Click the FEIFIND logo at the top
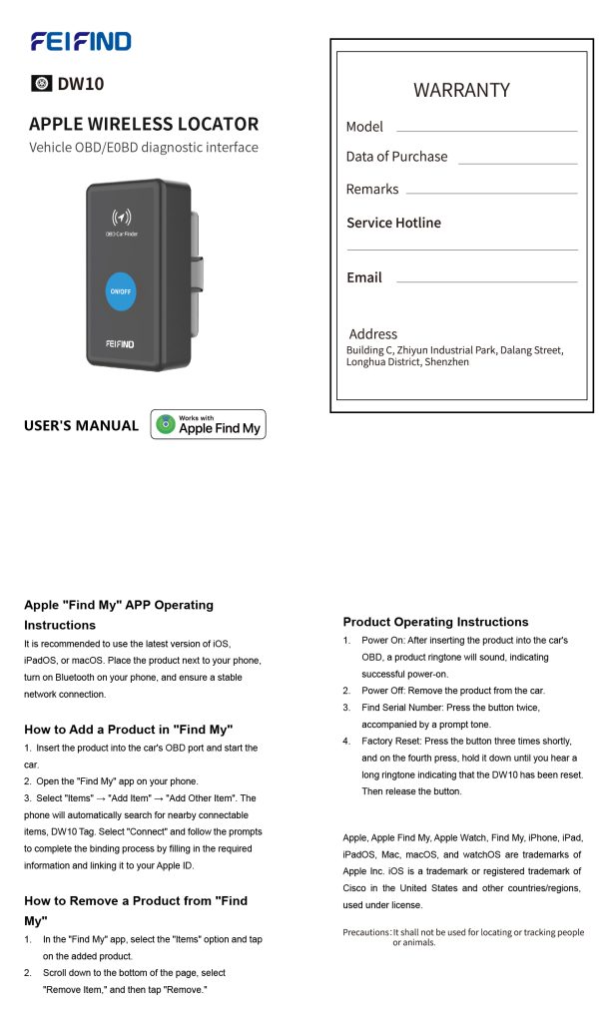81,41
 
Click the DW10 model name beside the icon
81,84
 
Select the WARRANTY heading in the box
461,90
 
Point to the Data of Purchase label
396,157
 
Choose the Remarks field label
371,190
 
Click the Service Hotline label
393,223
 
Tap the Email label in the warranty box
363,277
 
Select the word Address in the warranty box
372,334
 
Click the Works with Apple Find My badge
208,424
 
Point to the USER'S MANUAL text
81,426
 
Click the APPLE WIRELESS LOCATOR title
144,125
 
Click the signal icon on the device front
121,217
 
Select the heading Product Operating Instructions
435,622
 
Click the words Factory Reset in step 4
391,742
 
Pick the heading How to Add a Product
128,730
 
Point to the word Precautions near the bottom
366,932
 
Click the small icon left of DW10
41,84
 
